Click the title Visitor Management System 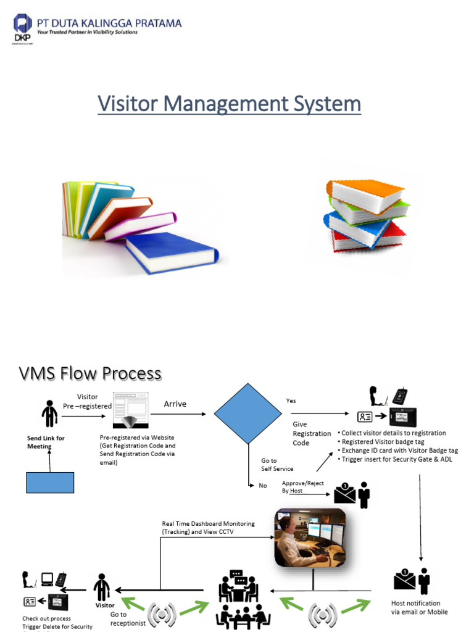point(229,104)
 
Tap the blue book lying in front point(172,251)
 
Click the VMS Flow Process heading point(90,373)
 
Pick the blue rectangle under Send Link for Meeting point(50,483)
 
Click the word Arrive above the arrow point(175,404)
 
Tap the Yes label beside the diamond point(291,401)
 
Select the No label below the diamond point(263,486)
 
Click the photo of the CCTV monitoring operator point(310,538)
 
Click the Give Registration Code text point(311,433)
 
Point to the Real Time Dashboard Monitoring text point(208,527)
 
